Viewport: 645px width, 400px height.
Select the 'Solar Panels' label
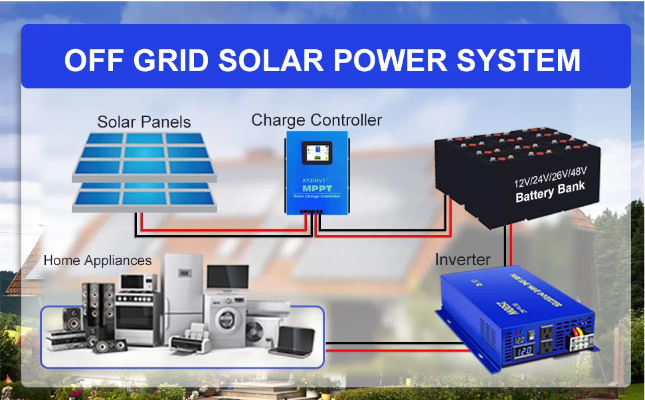tap(143, 122)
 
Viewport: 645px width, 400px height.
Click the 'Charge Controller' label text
tap(316, 120)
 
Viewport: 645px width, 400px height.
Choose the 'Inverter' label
tap(462, 259)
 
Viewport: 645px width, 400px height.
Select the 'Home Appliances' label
tap(98, 260)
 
